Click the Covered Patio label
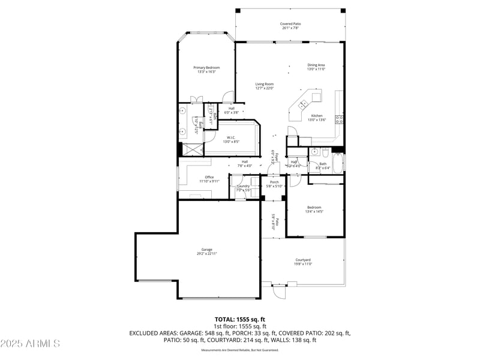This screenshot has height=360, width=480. pos(291,24)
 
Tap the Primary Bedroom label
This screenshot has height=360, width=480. pos(206,68)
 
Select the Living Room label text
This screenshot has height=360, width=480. pos(264,85)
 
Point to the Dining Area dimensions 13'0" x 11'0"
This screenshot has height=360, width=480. pos(316,69)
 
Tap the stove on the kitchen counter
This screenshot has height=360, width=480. pos(339,118)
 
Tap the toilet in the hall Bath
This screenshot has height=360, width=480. pos(325,152)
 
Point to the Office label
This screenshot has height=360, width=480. pos(209,177)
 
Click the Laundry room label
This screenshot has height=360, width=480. pos(243,186)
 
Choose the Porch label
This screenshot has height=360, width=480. pos(274,182)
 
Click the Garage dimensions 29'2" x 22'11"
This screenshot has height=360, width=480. pos(206,254)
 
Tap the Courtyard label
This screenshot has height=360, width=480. pos(302,260)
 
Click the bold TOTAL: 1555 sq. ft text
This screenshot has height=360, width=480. pos(239,319)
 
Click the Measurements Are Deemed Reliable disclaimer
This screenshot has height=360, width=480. pos(239,350)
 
